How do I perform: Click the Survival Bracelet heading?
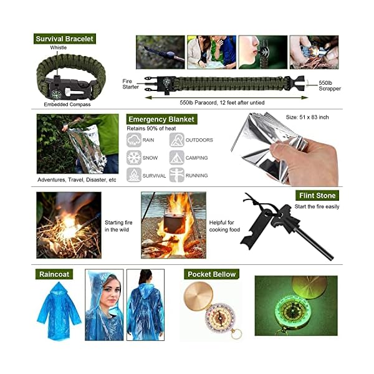[65, 39]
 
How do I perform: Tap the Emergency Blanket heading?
[161, 119]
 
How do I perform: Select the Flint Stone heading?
[317, 196]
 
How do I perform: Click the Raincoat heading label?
[54, 274]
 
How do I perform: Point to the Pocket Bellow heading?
[211, 274]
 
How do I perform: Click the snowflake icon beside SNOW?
[134, 158]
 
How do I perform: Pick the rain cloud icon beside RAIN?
[134, 140]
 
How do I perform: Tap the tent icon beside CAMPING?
[177, 158]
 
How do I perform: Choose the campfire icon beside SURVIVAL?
[134, 175]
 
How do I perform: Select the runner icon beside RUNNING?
[177, 175]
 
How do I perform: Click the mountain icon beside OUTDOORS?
[177, 140]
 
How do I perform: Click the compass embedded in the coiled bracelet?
[56, 94]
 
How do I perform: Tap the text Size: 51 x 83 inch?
[307, 117]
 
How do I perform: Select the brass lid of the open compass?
[198, 296]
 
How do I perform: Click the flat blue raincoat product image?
[59, 311]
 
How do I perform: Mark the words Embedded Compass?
[67, 105]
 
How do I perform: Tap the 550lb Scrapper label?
[330, 85]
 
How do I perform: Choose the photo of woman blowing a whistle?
[263, 52]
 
